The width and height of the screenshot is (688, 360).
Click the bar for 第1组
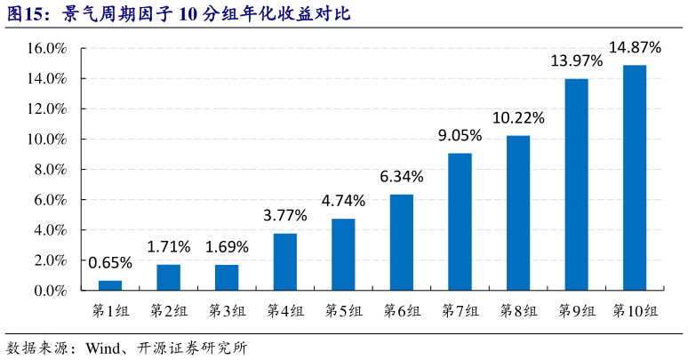tap(110, 285)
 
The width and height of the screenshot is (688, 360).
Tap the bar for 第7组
tap(460, 221)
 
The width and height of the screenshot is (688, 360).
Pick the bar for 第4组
tap(284, 261)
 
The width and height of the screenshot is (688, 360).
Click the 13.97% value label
tap(576, 61)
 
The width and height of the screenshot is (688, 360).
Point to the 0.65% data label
tap(110, 262)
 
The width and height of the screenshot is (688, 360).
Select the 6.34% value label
tap(402, 177)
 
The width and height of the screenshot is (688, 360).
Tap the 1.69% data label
tap(227, 246)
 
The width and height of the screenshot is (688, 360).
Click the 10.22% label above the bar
tap(518, 117)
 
